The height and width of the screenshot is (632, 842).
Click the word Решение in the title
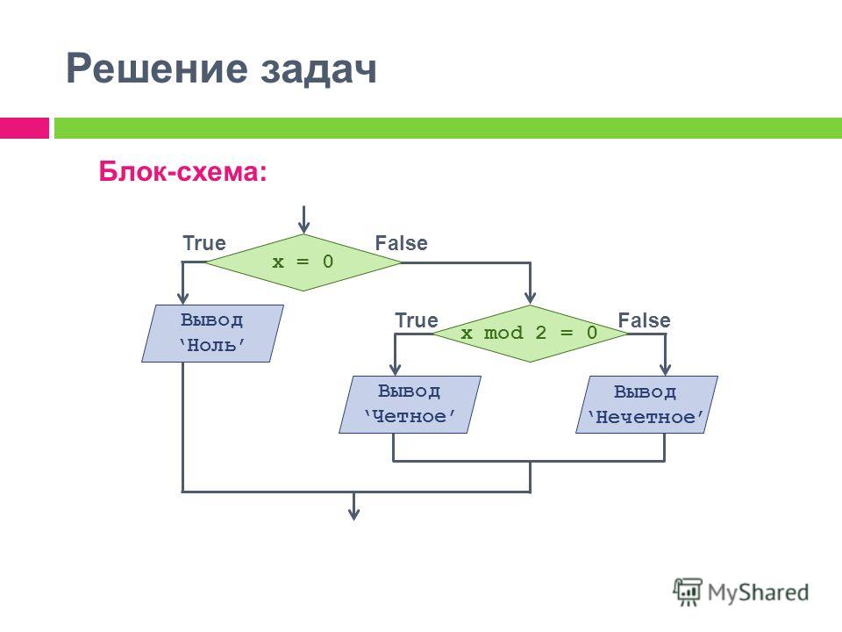(x=157, y=68)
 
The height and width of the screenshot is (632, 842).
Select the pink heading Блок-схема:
(x=182, y=171)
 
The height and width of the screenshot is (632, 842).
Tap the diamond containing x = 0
(x=303, y=262)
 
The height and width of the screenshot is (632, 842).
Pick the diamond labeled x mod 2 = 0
(x=530, y=334)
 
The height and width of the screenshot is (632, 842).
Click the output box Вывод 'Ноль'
(x=212, y=334)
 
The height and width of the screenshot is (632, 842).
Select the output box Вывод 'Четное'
(x=410, y=404)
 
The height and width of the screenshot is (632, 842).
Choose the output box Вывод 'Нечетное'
(x=646, y=404)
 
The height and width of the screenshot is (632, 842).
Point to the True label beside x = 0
(x=204, y=243)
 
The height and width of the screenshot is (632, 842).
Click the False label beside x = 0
(x=401, y=243)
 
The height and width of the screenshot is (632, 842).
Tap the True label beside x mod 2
(x=417, y=320)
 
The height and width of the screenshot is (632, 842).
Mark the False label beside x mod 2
(x=645, y=320)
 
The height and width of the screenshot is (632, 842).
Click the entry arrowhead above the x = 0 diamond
(x=304, y=228)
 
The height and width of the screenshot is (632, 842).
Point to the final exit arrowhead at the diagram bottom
(x=353, y=513)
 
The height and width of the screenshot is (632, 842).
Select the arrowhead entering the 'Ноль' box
(x=183, y=298)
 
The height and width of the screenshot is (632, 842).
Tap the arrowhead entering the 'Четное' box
(x=396, y=369)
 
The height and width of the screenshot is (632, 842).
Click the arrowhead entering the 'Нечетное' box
(x=666, y=369)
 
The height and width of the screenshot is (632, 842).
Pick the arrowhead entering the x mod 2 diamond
(x=531, y=298)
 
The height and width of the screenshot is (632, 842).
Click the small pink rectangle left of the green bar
(x=25, y=128)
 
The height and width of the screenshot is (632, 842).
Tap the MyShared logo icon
(x=688, y=592)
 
